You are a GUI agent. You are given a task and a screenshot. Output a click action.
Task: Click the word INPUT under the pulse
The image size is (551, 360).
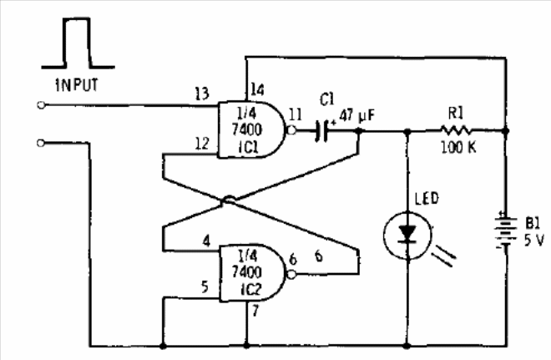pos(77,85)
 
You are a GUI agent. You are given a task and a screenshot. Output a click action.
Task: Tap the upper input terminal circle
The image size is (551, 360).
pos(41,105)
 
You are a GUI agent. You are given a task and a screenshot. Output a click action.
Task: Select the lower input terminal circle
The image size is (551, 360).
pos(41,143)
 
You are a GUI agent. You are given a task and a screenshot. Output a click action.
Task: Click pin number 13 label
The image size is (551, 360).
pos(202,94)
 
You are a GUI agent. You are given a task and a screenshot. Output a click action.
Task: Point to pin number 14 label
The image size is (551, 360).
pos(257,90)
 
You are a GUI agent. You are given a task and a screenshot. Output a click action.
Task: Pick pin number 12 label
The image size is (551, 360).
pos(202,144)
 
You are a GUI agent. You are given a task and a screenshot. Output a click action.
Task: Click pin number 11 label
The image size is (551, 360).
pos(296,114)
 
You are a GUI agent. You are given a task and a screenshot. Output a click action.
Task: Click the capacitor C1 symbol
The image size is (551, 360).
pos(322,131)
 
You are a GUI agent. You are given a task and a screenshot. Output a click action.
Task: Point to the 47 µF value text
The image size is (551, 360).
pos(357,115)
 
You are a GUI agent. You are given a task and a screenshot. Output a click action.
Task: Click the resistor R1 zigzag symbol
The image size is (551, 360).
pos(456,130)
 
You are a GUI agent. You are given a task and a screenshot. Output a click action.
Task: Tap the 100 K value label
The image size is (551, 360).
pos(458,147)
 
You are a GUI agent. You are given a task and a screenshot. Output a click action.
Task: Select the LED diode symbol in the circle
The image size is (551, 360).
pos(407,236)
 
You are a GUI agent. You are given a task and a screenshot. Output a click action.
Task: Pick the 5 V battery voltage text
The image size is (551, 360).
pos(534,240)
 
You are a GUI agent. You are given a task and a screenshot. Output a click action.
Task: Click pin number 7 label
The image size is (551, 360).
pos(255,310)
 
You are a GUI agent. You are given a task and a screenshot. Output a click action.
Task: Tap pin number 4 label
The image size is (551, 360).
pos(207,241)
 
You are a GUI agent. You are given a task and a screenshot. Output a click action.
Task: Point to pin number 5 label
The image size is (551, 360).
pos(205,286)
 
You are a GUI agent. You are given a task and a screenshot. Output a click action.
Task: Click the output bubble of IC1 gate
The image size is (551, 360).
pos(291,130)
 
